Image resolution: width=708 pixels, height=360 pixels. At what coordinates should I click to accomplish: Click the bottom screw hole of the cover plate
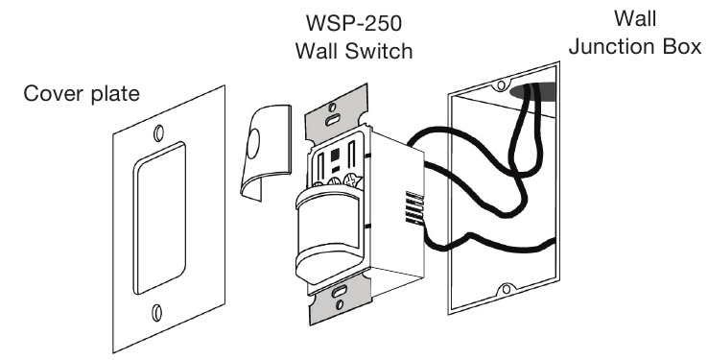[156, 312]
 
